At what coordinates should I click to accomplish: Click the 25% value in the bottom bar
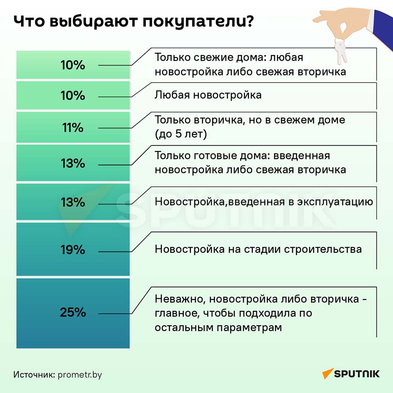click(73, 313)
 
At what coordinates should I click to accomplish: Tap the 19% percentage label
click(73, 250)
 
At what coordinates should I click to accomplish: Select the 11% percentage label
click(73, 128)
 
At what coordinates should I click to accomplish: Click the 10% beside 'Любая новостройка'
click(73, 95)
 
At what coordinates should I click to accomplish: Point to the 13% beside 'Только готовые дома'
click(73, 163)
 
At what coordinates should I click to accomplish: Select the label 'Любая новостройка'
click(208, 95)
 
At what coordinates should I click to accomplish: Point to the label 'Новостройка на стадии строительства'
click(258, 249)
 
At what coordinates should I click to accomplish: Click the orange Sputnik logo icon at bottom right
click(327, 374)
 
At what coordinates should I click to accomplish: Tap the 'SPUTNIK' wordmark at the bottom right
click(357, 374)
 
